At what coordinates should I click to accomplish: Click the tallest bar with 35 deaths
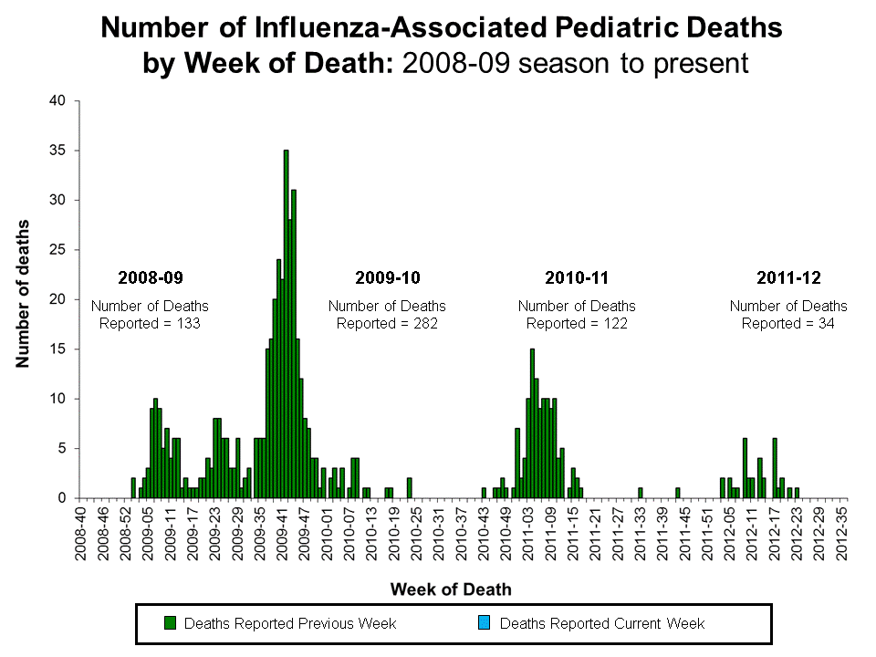point(286,324)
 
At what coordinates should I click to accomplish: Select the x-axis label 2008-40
point(82,538)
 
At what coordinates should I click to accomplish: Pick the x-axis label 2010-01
point(326,538)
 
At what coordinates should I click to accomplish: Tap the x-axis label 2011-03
point(527,538)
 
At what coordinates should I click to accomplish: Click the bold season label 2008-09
point(150,276)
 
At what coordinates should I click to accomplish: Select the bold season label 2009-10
point(387,276)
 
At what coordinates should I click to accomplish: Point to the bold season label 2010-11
point(576,276)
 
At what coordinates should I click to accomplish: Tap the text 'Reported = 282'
point(387,323)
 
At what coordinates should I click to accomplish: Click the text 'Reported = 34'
point(787,323)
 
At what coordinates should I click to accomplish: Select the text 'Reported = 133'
point(150,323)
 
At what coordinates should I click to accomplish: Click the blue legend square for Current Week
point(485,623)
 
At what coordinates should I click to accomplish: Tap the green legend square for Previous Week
point(170,623)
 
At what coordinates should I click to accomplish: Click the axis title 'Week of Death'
point(451,589)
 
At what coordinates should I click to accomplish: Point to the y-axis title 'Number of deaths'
point(22,294)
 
